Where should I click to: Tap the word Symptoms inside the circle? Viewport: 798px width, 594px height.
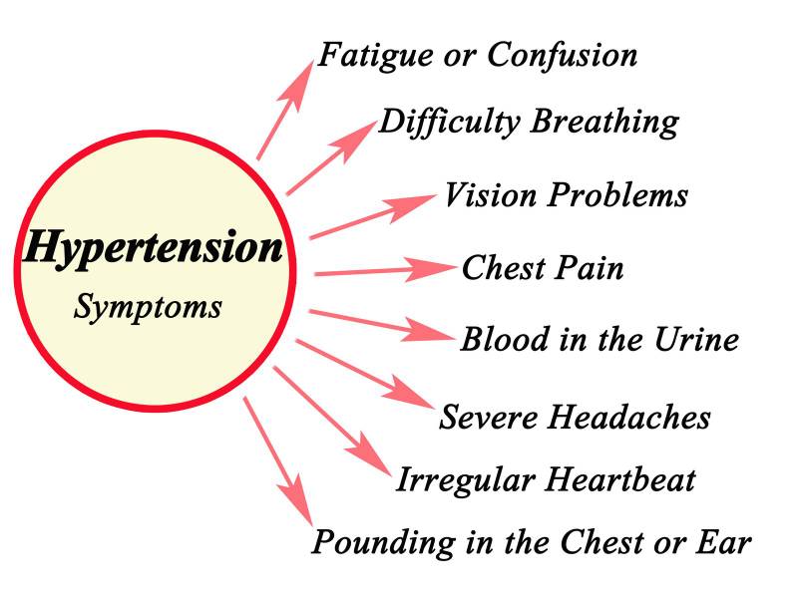click(148, 305)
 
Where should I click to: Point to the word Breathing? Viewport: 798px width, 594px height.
click(604, 122)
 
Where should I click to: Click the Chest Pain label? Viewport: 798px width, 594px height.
click(543, 268)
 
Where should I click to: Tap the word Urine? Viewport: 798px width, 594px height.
click(696, 340)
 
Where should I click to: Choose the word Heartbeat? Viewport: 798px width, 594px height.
click(618, 480)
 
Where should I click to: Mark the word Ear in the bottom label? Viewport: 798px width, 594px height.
click(728, 543)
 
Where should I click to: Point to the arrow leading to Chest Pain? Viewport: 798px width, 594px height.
click(383, 270)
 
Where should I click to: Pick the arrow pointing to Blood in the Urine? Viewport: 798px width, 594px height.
click(379, 324)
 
